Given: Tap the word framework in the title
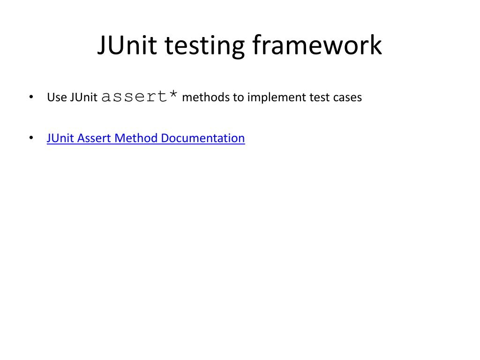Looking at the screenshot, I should coord(317,46).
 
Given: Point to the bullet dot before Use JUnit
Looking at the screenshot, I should coord(30,97).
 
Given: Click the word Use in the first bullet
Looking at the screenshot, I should coord(57,97).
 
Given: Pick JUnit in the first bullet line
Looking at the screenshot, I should coord(84,97).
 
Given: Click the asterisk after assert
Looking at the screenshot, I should coord(173,95).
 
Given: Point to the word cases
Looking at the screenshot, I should coord(348,97).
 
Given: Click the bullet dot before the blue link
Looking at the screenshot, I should coord(30,138).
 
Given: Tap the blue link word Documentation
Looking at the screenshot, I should coord(202,138).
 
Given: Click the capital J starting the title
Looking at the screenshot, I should coord(102,46).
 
